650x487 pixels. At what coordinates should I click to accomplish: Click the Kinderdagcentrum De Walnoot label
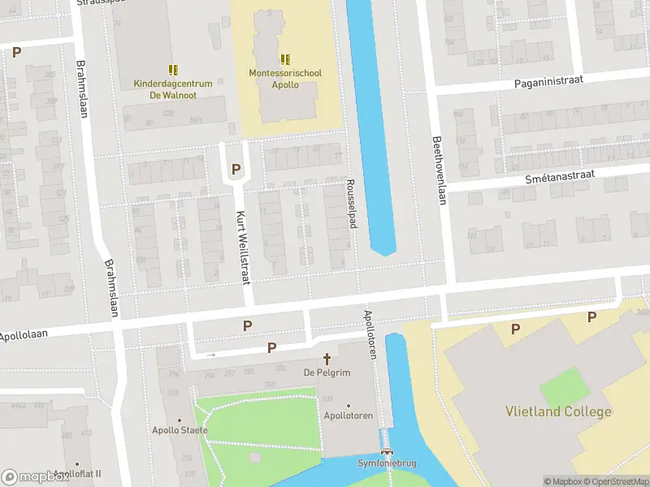point(172,88)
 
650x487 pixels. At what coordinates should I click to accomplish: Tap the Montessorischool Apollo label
point(285,79)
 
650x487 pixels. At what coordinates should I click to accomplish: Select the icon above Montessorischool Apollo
point(285,59)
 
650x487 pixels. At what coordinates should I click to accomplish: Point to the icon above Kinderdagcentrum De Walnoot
point(172,70)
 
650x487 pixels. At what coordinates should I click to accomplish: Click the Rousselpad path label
point(352,204)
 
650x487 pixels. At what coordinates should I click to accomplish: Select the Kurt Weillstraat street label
point(241,248)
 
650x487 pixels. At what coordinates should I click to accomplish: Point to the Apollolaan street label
point(25,334)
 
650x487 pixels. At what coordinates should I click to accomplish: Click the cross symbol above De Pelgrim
point(327,358)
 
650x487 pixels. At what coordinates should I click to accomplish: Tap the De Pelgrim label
point(320,372)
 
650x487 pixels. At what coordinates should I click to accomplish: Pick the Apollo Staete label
point(180,430)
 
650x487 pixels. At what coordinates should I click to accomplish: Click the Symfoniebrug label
point(387,463)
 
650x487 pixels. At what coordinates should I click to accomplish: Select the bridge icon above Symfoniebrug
point(387,451)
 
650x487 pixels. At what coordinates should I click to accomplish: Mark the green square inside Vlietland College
point(563,387)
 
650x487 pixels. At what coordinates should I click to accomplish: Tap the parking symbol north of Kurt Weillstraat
point(236,169)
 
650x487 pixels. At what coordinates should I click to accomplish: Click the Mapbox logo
point(35,476)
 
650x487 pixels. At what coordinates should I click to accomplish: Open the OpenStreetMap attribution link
point(617,481)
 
